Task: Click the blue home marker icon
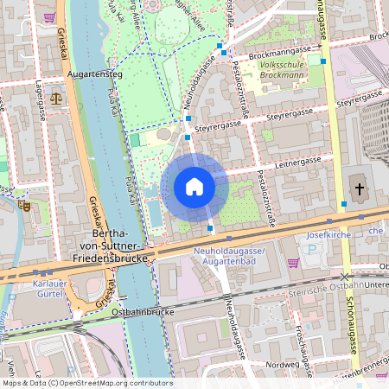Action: click(x=194, y=187)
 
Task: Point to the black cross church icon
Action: click(x=359, y=188)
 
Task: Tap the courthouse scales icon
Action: click(x=56, y=97)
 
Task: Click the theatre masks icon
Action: click(x=24, y=206)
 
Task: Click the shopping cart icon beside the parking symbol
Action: click(x=293, y=263)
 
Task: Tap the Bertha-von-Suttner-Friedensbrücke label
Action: click(x=121, y=246)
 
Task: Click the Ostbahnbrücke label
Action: click(x=143, y=310)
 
